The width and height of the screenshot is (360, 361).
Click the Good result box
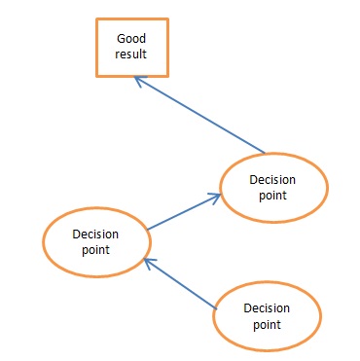pyautogui.click(x=130, y=47)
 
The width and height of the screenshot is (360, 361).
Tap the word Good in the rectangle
pyautogui.click(x=130, y=38)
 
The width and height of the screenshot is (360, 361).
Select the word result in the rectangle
pyautogui.click(x=130, y=54)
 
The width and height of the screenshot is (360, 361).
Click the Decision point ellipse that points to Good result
pyautogui.click(x=274, y=188)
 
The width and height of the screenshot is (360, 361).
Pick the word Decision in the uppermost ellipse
pyautogui.click(x=274, y=180)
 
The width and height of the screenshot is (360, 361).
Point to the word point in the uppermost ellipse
pyautogui.click(x=274, y=196)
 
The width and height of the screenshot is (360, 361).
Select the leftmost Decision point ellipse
pyautogui.click(x=96, y=241)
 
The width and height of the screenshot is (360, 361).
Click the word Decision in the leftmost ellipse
pyautogui.click(x=96, y=234)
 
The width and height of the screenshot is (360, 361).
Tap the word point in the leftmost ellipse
pyautogui.click(x=96, y=250)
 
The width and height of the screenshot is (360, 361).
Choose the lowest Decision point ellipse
pyautogui.click(x=267, y=316)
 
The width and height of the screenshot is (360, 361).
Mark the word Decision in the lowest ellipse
pyautogui.click(x=267, y=307)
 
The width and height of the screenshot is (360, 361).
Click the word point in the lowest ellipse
pyautogui.click(x=267, y=324)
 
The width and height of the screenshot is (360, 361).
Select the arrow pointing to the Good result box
pyautogui.click(x=199, y=115)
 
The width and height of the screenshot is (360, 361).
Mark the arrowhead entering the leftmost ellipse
pyautogui.click(x=147, y=260)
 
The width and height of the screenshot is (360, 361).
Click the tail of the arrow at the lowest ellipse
pyautogui.click(x=213, y=306)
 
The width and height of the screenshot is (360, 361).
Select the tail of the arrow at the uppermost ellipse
pyautogui.click(x=264, y=152)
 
